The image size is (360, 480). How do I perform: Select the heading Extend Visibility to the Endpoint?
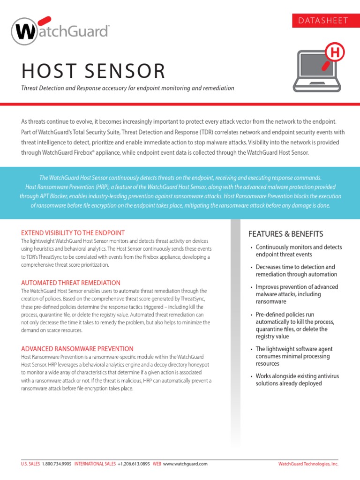pyautogui.click(x=73, y=233)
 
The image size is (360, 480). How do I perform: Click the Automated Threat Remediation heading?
pyautogui.click(x=71, y=283)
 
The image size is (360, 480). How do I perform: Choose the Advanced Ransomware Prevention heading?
pyautogui.click(x=77, y=349)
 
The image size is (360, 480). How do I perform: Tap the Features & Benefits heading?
pyautogui.click(x=285, y=234)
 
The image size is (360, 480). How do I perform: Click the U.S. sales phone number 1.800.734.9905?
pyautogui.click(x=56, y=464)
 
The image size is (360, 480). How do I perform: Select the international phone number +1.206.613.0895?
pyautogui.click(x=134, y=464)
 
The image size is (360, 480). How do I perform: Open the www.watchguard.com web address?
pyautogui.click(x=185, y=464)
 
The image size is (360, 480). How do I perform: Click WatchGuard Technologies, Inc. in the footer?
pyautogui.click(x=308, y=464)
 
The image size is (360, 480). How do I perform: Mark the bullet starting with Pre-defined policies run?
pyautogui.click(x=295, y=325)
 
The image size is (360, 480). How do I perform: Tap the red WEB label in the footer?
pyautogui.click(x=157, y=464)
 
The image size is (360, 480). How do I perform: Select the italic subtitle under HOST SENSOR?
pyautogui.click(x=128, y=88)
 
